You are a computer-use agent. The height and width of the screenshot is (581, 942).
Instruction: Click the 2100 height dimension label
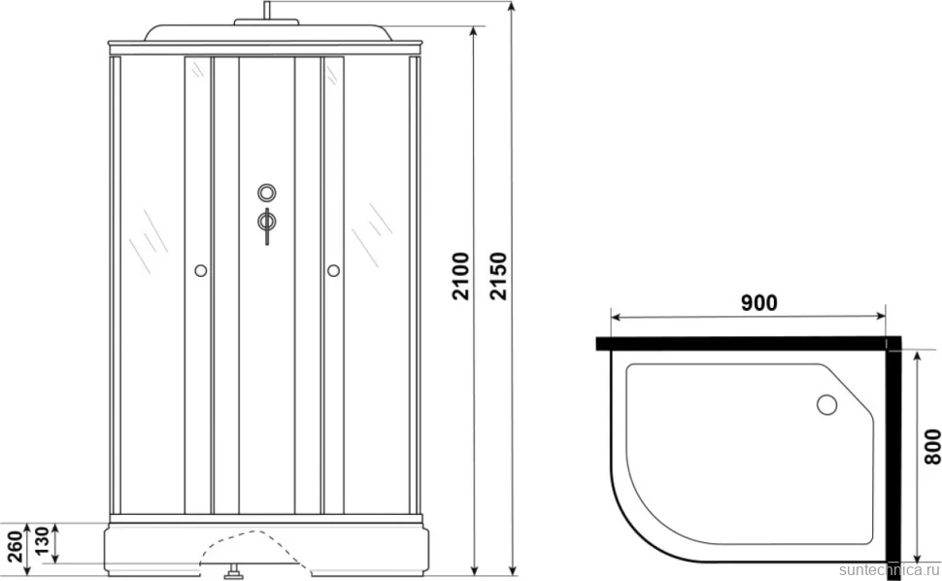click(x=460, y=276)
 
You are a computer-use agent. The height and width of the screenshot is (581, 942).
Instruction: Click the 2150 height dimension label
click(x=498, y=276)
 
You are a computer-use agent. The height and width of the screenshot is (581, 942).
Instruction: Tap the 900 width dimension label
click(x=758, y=303)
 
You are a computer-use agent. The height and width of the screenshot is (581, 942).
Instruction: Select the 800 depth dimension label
click(x=931, y=446)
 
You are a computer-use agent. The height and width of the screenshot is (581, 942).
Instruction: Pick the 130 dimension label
click(x=41, y=542)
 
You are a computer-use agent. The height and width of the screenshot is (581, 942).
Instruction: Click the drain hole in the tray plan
click(x=827, y=404)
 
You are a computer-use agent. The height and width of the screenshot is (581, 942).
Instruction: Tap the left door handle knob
click(x=201, y=271)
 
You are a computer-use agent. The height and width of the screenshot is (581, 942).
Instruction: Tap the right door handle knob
click(x=333, y=271)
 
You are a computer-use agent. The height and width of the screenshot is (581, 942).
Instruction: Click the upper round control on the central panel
click(x=267, y=193)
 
